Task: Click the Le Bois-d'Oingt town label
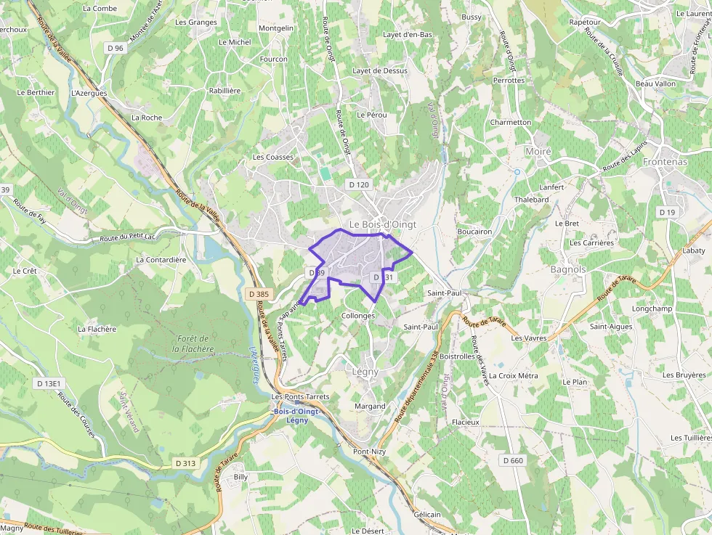pyautogui.click(x=382, y=224)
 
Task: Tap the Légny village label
pyautogui.click(x=365, y=371)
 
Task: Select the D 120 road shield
pyautogui.click(x=359, y=185)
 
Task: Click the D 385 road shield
pyautogui.click(x=258, y=294)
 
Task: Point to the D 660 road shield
pyautogui.click(x=512, y=460)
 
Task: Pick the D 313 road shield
pyautogui.click(x=185, y=463)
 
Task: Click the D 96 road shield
pyautogui.click(x=115, y=48)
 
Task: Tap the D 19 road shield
pyautogui.click(x=667, y=211)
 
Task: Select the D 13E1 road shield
pyautogui.click(x=50, y=383)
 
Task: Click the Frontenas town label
pyautogui.click(x=665, y=162)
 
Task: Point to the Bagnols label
pyautogui.click(x=568, y=269)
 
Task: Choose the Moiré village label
pyautogui.click(x=538, y=151)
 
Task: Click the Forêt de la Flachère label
pyautogui.click(x=193, y=343)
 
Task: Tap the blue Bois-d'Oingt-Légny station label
pyautogui.click(x=297, y=416)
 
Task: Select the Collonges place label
pyautogui.click(x=358, y=316)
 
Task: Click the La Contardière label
pyautogui.click(x=161, y=259)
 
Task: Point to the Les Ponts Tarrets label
pyautogui.click(x=300, y=397)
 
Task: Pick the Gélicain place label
pyautogui.click(x=427, y=514)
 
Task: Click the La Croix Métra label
pyautogui.click(x=514, y=375)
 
